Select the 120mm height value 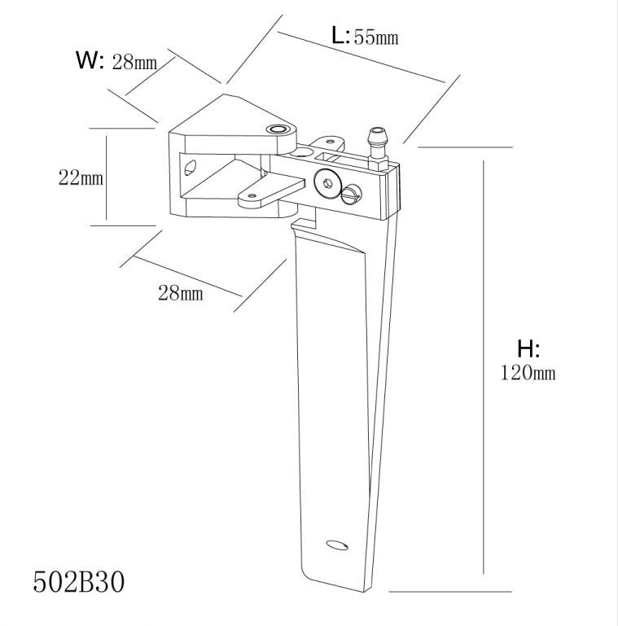tap(528, 373)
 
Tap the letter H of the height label tap(525, 349)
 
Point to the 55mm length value tap(375, 37)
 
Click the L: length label tap(340, 35)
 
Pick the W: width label tap(90, 59)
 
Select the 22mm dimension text tap(80, 177)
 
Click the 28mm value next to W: tap(134, 62)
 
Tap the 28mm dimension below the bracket tap(180, 293)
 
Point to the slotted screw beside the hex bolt tap(352, 194)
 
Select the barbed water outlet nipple tap(377, 143)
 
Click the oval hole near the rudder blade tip tap(335, 545)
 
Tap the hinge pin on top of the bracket tap(279, 130)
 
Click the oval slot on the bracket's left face tap(191, 168)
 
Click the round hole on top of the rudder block tap(304, 151)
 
